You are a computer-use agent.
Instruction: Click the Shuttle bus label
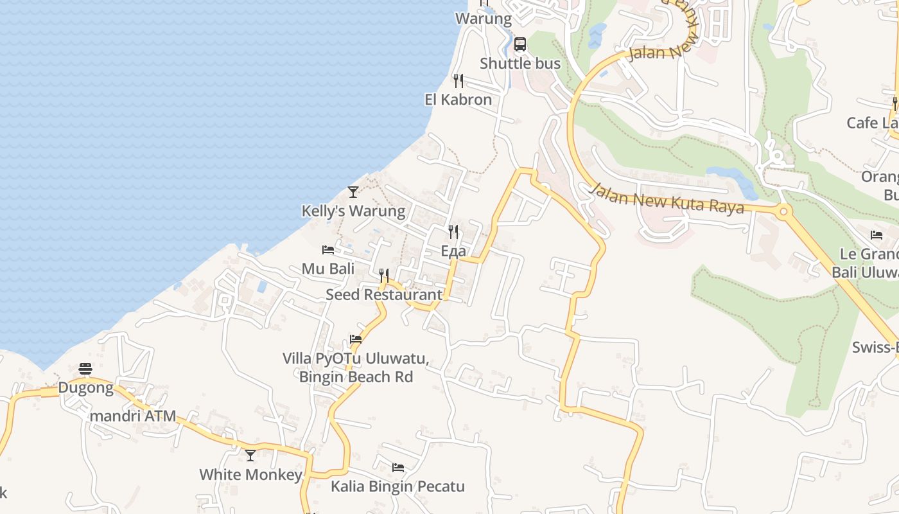520,64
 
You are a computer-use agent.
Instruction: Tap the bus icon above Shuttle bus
520,44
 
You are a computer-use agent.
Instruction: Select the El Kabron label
458,100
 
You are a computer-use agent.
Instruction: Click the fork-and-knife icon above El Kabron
458,80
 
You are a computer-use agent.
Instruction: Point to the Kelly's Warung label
353,211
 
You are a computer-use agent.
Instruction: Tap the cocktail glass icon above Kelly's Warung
353,191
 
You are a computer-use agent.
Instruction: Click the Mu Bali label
328,269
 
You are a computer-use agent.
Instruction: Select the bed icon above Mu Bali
328,249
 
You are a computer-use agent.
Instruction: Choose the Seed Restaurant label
384,295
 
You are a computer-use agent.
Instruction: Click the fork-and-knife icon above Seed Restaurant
384,276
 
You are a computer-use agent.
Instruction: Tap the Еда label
453,251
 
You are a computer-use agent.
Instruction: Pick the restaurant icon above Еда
453,231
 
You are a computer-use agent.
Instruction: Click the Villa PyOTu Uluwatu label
356,359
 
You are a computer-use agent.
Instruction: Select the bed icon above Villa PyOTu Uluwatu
356,339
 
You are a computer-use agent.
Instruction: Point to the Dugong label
85,388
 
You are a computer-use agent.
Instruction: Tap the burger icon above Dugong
85,369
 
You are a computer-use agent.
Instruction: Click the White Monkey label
250,475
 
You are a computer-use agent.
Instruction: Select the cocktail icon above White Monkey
250,456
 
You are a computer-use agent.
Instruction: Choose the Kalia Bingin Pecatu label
397,486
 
